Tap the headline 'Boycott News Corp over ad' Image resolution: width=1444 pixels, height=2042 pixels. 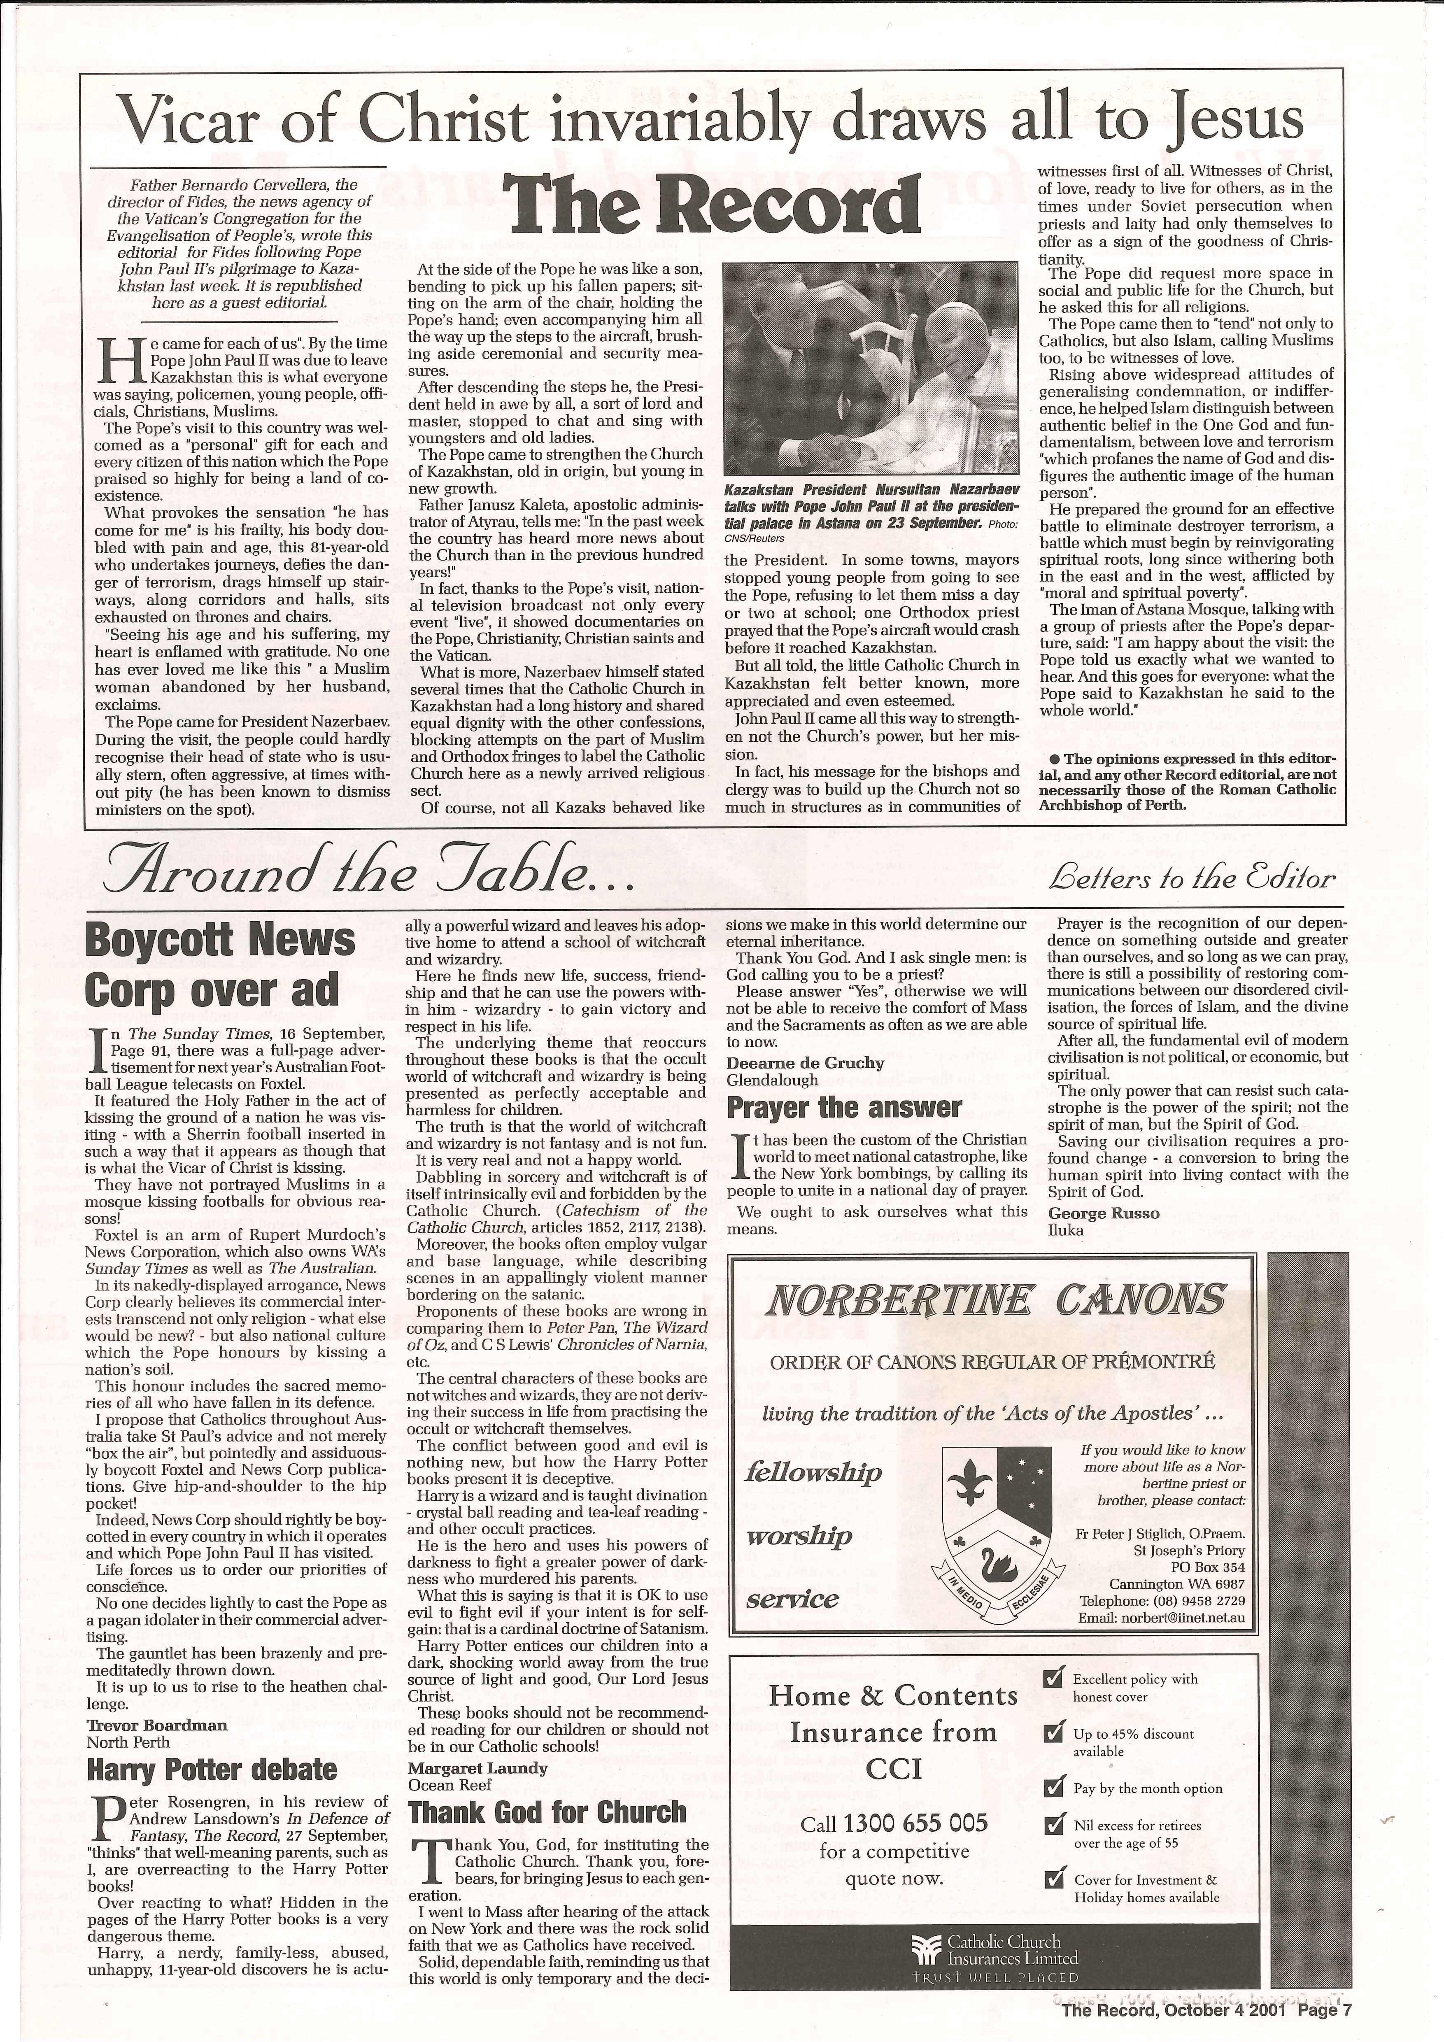[x=220, y=965]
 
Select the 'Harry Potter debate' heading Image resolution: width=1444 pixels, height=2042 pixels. [x=212, y=1770]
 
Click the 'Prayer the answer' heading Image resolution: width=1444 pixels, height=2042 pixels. [x=844, y=1107]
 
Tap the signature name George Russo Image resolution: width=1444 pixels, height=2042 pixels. [x=1104, y=1214]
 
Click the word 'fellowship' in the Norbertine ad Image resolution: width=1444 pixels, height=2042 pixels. [x=813, y=1472]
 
